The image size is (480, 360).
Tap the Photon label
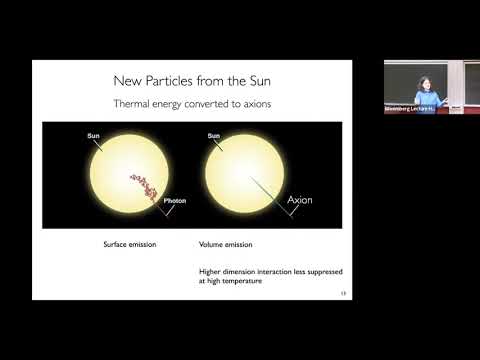174,201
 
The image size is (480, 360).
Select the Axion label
300,200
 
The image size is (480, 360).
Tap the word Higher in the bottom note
213,271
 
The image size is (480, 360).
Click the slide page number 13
343,293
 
